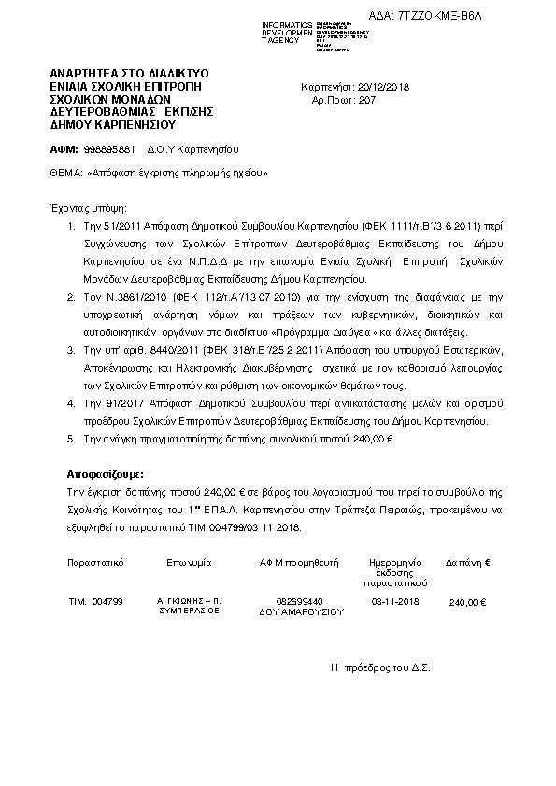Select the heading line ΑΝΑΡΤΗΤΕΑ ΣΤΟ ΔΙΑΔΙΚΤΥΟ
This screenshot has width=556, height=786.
point(129,73)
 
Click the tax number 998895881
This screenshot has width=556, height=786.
point(109,149)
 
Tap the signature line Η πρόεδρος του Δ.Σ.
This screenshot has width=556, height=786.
point(380,668)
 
